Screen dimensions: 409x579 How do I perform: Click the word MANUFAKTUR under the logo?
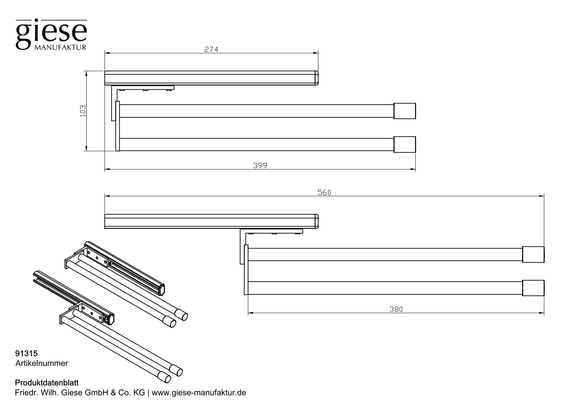(x=60, y=47)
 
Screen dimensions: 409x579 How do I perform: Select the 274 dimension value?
(x=211, y=49)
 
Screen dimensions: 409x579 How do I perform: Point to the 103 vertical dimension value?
(x=83, y=111)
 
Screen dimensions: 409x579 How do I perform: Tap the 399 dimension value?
(x=260, y=165)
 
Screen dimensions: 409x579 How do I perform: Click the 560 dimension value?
(x=324, y=192)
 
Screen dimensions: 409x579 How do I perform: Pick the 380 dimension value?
(x=396, y=309)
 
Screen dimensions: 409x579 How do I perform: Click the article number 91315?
(x=26, y=353)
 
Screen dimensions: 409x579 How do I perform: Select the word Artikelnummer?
(x=42, y=363)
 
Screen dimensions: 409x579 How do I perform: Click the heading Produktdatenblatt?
(x=47, y=383)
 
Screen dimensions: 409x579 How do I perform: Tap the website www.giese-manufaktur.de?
(x=199, y=393)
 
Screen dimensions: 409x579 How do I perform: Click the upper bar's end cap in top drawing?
(x=405, y=111)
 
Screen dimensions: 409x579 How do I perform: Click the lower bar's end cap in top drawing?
(x=405, y=144)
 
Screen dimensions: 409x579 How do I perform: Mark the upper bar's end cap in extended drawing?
(x=533, y=254)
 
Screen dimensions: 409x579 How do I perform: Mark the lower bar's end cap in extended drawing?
(x=533, y=288)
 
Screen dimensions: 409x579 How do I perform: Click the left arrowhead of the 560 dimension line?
(x=107, y=196)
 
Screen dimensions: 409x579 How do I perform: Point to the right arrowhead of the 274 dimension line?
(x=316, y=53)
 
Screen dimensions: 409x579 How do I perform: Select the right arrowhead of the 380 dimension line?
(x=542, y=313)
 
